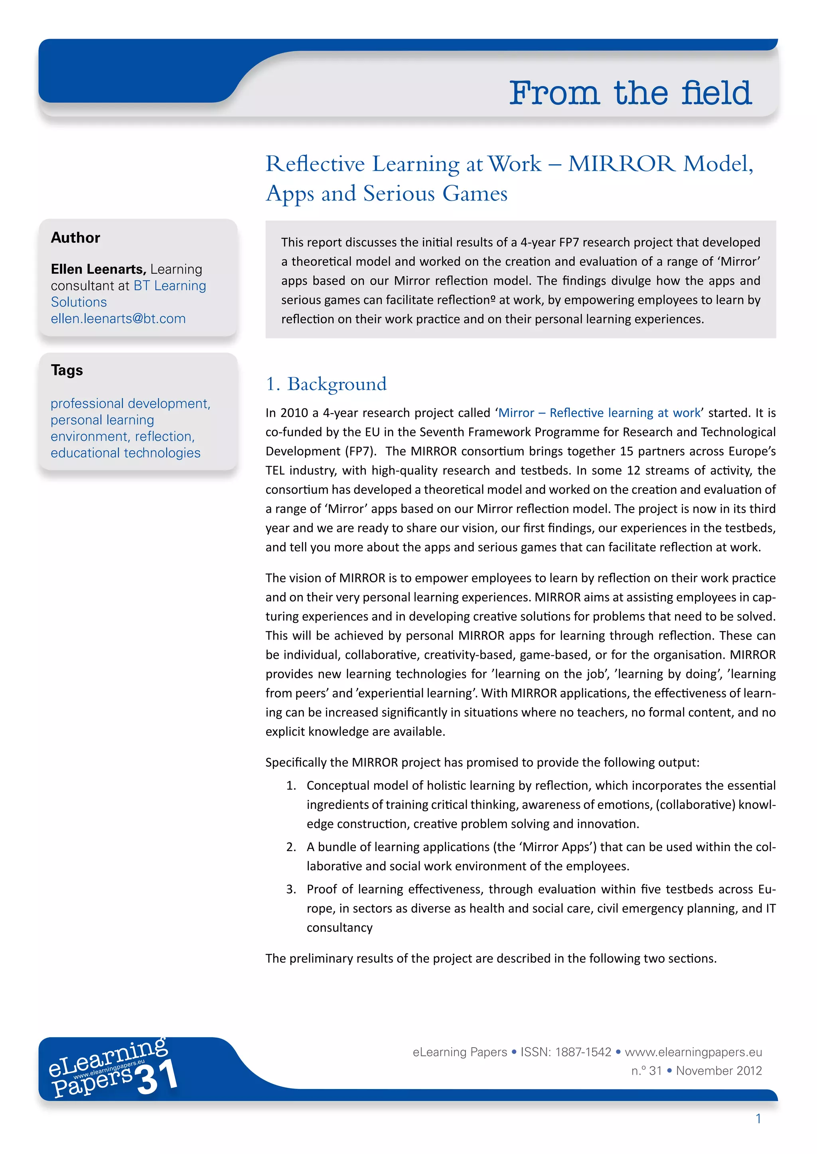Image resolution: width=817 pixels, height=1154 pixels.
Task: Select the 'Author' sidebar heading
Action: pos(75,238)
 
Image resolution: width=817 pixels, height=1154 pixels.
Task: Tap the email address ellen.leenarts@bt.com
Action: pos(118,319)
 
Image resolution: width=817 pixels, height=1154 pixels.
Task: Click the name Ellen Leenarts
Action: pos(98,269)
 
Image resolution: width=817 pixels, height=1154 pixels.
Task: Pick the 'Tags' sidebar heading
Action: pos(67,371)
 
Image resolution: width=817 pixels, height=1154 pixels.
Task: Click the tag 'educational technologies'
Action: pos(125,453)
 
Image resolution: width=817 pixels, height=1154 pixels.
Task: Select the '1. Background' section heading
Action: pos(326,384)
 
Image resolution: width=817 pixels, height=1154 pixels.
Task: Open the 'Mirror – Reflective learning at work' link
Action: pos(599,413)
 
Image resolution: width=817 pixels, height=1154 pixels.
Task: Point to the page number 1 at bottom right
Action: pos(758,1119)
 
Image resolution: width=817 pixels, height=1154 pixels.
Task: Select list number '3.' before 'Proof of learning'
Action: pos(291,890)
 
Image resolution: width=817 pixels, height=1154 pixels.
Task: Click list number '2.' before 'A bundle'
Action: pos(291,848)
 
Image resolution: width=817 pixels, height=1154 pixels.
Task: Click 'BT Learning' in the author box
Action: pos(170,286)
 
